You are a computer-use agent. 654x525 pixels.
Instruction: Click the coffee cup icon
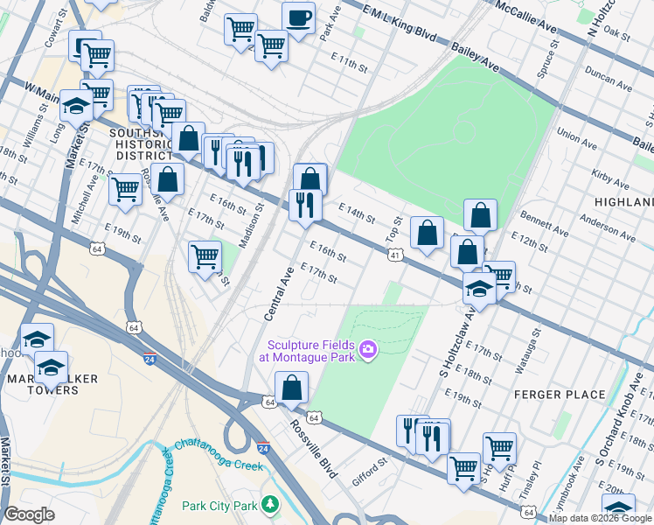[299, 17]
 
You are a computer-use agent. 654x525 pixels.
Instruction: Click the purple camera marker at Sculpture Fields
[368, 351]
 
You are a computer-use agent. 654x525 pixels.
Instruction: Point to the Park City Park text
[219, 506]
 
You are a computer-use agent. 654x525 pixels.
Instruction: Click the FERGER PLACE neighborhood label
[560, 395]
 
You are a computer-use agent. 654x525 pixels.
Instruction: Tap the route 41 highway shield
[395, 255]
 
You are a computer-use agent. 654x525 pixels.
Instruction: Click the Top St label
[393, 230]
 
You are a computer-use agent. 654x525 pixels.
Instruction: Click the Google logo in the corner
[30, 514]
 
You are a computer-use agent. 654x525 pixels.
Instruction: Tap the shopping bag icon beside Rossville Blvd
[292, 387]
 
